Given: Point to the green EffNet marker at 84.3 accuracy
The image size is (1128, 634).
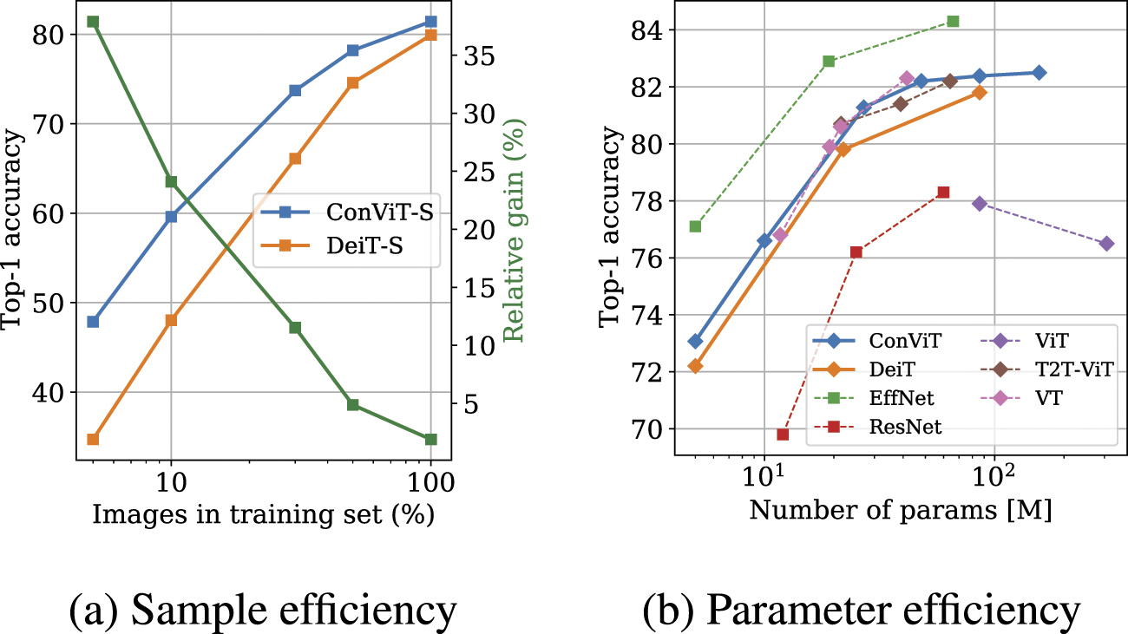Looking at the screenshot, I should point(953,21).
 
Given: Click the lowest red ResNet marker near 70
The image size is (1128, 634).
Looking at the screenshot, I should point(783,435).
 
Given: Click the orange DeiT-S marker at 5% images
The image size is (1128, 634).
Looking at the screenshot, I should point(93,439).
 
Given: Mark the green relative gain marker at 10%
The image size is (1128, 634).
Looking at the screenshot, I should point(171,181).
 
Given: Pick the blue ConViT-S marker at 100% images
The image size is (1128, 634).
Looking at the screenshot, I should point(430,21).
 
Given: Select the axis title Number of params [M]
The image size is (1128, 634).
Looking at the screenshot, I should point(901,511).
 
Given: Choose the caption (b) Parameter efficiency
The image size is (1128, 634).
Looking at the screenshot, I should point(862,610).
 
